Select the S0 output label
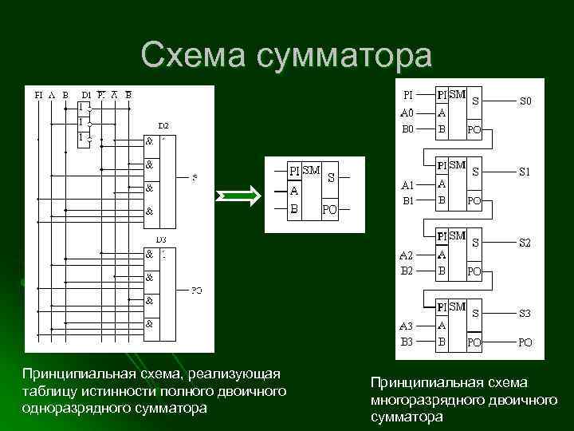point(526,102)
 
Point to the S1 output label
point(526,172)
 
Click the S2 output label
point(526,241)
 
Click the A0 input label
point(407,113)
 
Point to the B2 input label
point(407,270)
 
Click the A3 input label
point(407,326)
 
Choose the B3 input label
point(407,341)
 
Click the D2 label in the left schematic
point(163,125)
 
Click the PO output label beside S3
point(526,342)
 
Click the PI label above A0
point(407,93)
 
